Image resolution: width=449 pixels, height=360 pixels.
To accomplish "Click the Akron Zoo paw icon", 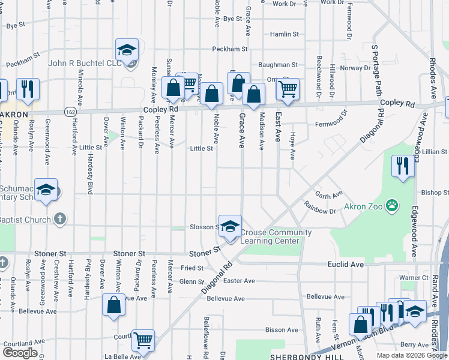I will [392, 206].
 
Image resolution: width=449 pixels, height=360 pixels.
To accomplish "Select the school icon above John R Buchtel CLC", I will [127, 50].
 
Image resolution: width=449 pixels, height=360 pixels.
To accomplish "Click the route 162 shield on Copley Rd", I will [71, 112].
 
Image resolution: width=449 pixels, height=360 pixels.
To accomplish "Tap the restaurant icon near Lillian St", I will [403, 166].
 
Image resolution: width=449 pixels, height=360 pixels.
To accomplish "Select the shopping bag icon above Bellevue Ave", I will [113, 305].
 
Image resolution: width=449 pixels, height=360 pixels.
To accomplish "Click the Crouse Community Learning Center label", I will [276, 236].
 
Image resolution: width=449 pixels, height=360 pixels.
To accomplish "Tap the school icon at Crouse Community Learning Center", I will [229, 227].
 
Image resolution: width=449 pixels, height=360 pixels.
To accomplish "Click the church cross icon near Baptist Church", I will [59, 219].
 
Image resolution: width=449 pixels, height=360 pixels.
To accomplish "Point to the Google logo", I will [20, 353].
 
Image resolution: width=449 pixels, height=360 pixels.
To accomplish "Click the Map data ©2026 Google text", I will [411, 355].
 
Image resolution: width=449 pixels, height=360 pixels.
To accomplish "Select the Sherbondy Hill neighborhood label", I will [299, 356].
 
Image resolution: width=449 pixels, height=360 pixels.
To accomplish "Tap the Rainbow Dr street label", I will [319, 211].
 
